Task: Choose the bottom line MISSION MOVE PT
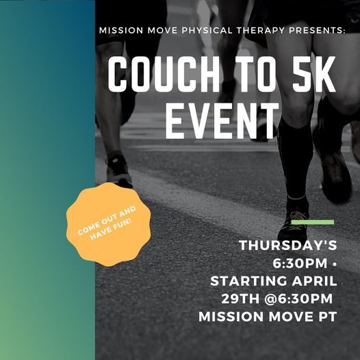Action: coord(269,317)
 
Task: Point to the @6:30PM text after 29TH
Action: coord(302,298)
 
